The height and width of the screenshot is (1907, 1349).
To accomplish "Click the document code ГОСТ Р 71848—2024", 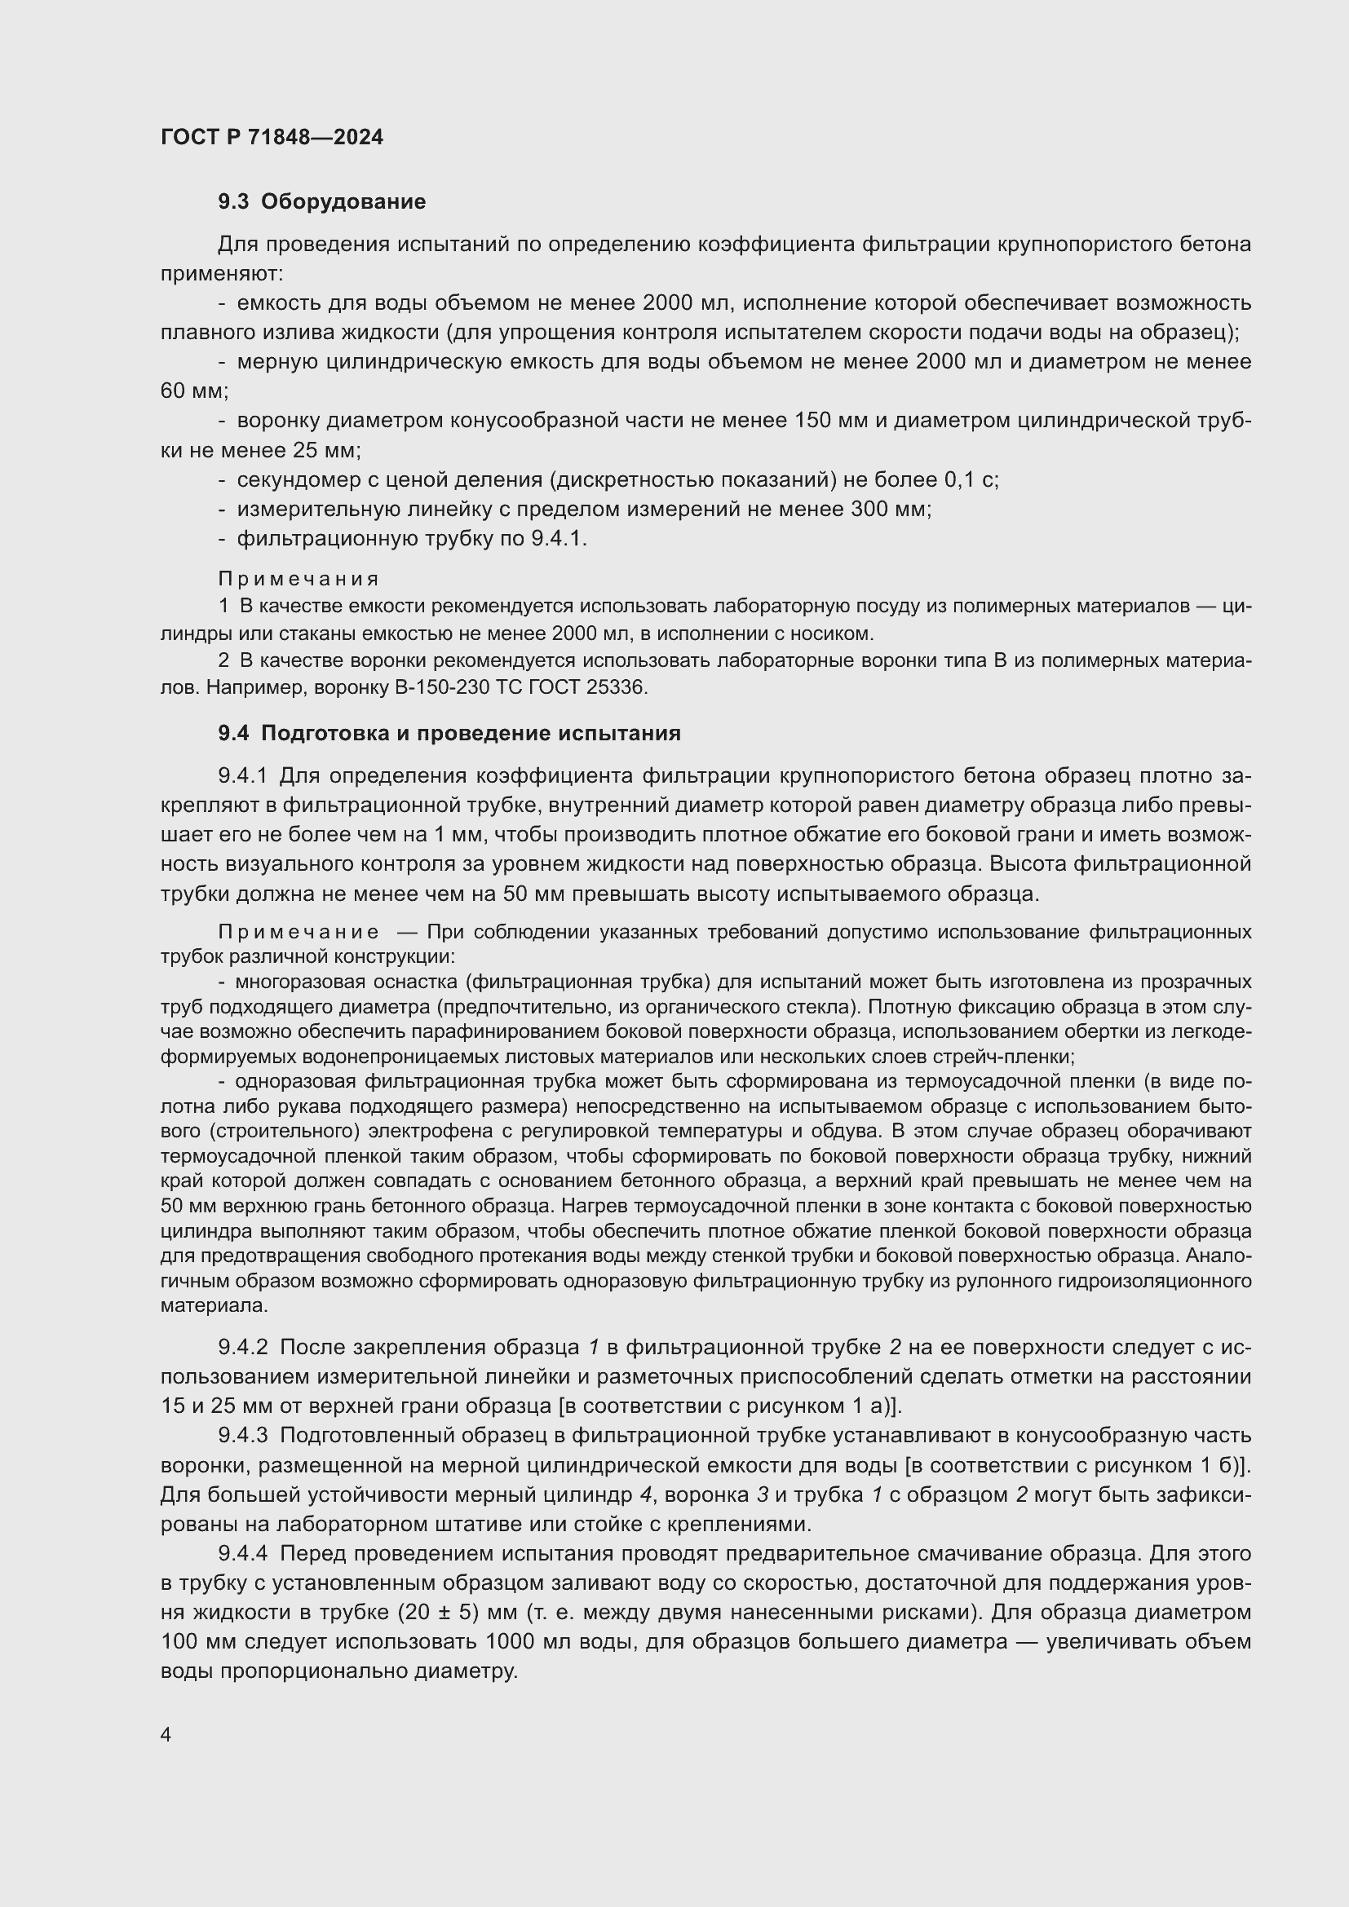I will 272,137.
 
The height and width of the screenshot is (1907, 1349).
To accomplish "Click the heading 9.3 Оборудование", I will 321,202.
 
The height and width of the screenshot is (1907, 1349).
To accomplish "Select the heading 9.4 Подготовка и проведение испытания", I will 449,734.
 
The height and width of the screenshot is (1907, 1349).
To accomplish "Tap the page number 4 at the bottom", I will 166,1735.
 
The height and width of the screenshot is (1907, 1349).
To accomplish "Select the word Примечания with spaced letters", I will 299,578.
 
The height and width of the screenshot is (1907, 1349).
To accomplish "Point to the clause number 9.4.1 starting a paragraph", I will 242,775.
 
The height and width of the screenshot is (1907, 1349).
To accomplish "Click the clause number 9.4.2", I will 242,1346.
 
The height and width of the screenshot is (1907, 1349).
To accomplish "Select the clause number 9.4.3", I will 242,1435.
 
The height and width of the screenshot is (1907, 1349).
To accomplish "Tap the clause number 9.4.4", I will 242,1553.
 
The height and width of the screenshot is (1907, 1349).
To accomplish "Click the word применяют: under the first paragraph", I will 222,273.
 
